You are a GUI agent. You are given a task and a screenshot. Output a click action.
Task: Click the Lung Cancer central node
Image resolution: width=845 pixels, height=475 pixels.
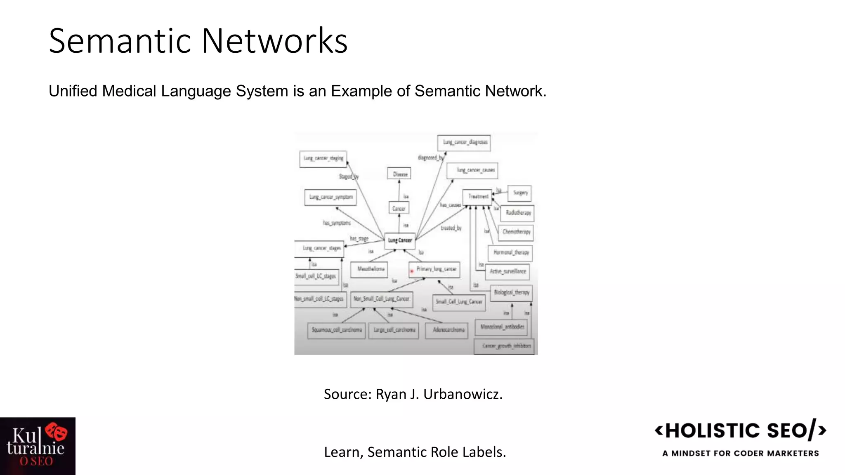(399, 240)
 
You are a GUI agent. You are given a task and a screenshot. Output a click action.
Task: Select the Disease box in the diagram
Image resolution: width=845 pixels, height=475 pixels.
(399, 174)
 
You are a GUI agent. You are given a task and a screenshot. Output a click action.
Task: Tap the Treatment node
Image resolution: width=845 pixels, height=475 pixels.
(477, 197)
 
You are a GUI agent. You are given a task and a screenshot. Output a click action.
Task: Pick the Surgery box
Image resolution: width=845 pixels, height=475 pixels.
(519, 193)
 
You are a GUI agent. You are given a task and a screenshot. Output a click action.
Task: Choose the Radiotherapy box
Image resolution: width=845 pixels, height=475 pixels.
(518, 213)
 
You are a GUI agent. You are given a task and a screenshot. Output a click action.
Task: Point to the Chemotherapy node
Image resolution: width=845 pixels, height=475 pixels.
(516, 232)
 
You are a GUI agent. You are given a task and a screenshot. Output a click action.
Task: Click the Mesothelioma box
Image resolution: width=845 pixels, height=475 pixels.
(370, 269)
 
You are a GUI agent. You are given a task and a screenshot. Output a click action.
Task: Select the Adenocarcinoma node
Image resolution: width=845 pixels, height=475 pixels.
(448, 330)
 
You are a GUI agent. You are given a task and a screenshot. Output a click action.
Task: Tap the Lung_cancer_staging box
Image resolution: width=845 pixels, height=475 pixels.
(323, 159)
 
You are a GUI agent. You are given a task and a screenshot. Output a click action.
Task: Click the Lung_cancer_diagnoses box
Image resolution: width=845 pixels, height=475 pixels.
(464, 143)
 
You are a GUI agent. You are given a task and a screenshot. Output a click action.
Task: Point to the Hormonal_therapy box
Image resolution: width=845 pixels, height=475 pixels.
(510, 252)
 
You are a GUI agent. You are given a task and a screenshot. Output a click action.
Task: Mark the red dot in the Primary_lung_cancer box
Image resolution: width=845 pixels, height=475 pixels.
(412, 271)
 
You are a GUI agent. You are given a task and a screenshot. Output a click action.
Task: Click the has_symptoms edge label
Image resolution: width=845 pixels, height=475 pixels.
(337, 223)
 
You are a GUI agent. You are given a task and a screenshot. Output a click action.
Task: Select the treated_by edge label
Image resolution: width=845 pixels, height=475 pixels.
(451, 228)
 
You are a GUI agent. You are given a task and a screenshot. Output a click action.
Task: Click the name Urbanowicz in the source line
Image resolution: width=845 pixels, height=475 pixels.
(463, 394)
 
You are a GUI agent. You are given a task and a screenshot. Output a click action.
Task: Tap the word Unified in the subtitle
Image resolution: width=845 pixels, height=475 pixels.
(73, 91)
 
